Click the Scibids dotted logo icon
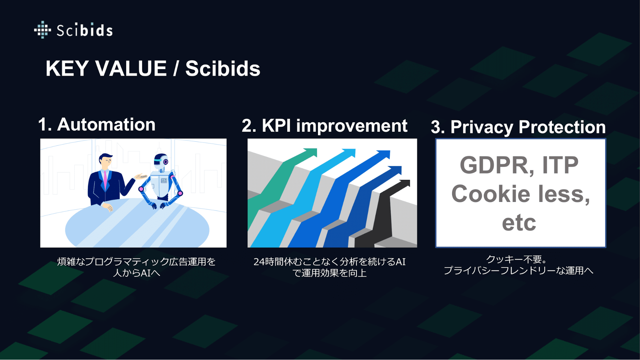[x=43, y=30]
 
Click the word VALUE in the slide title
[x=131, y=68]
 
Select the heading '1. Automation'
[x=97, y=124]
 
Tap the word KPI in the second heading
[x=276, y=125]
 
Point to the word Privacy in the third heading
[x=482, y=127]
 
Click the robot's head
[x=161, y=162]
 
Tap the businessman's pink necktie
[x=105, y=180]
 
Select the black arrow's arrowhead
[x=404, y=183]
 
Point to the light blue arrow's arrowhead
[x=349, y=153]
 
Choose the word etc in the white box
[x=519, y=223]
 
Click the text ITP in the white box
[x=560, y=165]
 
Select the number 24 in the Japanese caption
[x=259, y=262]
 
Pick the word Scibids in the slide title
[x=223, y=68]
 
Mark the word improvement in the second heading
[x=352, y=125]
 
